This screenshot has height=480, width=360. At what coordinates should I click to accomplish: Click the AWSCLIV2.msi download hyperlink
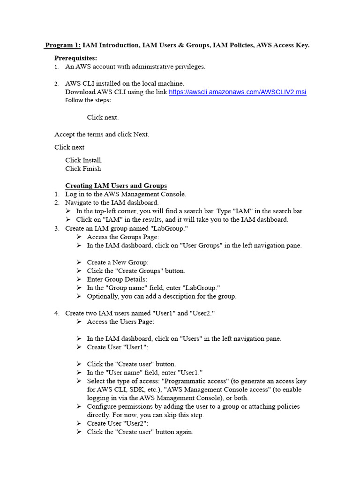pos(237,92)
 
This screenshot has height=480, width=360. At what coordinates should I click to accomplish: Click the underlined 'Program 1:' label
pos(63,45)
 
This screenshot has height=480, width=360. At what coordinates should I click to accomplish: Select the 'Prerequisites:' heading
pos(75,58)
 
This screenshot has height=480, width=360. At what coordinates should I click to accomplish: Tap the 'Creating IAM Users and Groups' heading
pos(116,186)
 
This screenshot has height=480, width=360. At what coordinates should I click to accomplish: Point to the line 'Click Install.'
pos(84,160)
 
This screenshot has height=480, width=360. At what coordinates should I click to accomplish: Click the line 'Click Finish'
pos(83,169)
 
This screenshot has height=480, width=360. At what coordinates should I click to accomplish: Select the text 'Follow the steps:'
pos(88,100)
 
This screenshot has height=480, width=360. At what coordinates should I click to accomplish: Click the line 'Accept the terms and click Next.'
pos(102,135)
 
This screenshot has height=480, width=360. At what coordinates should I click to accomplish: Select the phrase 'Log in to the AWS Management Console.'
pos(126,194)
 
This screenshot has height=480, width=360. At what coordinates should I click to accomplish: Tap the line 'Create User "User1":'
pos(118,347)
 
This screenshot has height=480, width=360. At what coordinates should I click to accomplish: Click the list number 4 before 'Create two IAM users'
pos(57,313)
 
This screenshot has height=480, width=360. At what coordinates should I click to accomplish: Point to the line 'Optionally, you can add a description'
pos(162,296)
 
